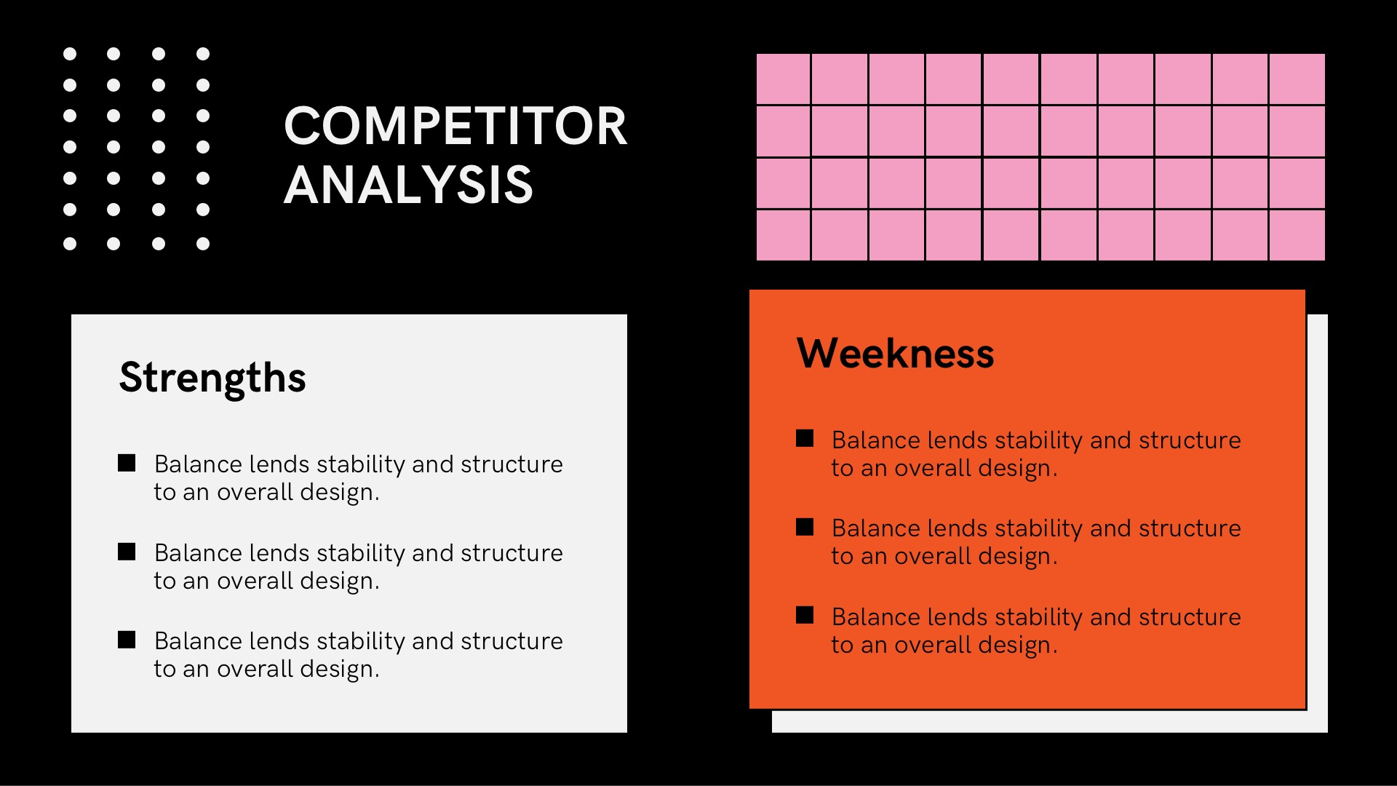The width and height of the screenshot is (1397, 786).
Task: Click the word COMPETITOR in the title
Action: click(455, 126)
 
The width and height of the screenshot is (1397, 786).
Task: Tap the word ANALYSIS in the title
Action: click(408, 184)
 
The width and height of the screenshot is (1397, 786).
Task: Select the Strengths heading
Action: click(212, 378)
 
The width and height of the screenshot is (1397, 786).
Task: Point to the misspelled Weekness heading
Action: click(895, 354)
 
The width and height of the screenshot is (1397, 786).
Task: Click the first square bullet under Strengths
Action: click(127, 464)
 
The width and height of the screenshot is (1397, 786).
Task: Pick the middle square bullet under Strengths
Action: click(127, 552)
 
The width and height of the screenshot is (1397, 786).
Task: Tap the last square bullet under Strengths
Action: click(127, 640)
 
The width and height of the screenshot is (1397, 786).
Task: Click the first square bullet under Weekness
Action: click(805, 438)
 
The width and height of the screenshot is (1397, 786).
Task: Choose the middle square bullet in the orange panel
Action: click(805, 527)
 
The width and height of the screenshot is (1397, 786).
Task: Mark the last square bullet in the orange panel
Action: click(805, 615)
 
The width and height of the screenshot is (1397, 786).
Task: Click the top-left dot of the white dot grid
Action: click(70, 54)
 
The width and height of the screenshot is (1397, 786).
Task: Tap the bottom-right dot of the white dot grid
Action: click(203, 244)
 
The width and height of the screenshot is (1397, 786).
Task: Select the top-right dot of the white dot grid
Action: click(203, 54)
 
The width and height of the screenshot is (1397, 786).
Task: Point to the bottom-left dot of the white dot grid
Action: click(70, 244)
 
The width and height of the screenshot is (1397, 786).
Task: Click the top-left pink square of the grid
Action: click(783, 79)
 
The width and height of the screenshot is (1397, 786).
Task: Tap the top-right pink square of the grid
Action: click(1297, 79)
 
